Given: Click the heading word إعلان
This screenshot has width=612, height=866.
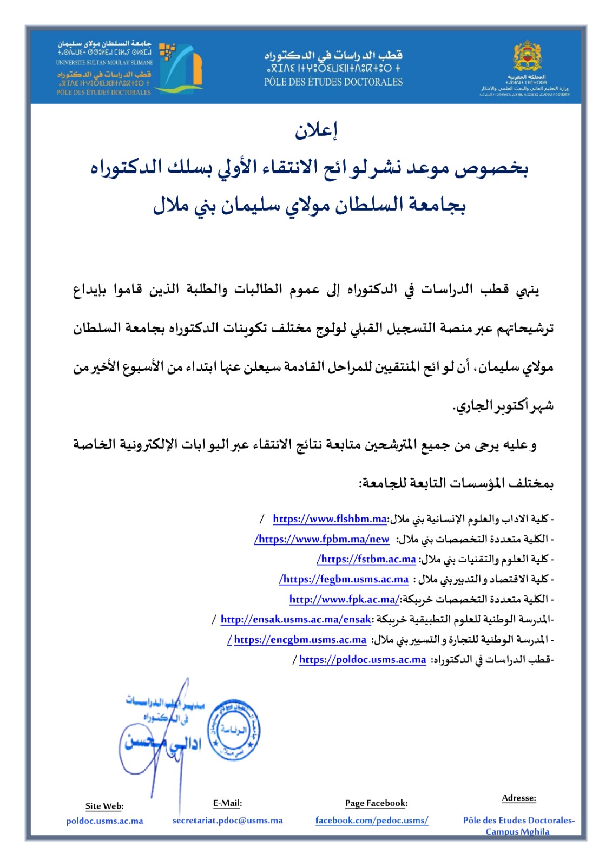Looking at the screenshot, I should click(x=316, y=130).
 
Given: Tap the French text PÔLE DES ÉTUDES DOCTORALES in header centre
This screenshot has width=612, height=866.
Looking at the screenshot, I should click(x=333, y=82).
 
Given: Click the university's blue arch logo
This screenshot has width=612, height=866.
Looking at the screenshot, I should click(x=185, y=67).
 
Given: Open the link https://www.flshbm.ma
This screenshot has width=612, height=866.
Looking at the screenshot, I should click(x=330, y=519).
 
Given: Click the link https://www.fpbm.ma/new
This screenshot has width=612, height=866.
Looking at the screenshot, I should click(x=323, y=539).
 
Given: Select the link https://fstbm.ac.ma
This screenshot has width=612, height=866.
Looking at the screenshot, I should click(x=367, y=559).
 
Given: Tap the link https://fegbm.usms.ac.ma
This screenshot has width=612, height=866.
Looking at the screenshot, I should click(x=345, y=579).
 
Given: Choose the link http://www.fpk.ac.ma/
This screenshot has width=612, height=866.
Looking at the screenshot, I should click(x=344, y=599).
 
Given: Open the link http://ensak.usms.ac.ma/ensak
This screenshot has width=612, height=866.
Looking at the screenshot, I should click(x=296, y=619).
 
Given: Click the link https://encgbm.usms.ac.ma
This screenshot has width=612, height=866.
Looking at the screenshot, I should click(x=300, y=640).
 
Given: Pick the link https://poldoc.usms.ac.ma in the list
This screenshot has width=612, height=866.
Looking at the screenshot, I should click(x=363, y=660).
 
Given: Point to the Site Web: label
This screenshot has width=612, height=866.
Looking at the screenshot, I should click(x=104, y=806).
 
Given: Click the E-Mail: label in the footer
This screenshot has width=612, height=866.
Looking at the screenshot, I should click(x=227, y=803).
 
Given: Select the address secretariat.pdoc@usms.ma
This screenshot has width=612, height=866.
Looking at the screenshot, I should click(x=227, y=821).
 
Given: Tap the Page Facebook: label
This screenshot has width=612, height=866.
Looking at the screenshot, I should click(x=377, y=803).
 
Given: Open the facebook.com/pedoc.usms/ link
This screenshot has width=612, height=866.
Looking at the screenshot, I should click(x=372, y=821).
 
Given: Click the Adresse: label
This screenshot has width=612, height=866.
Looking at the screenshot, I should click(x=519, y=798).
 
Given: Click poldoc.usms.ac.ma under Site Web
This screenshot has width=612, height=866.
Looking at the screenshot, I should click(x=104, y=821).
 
